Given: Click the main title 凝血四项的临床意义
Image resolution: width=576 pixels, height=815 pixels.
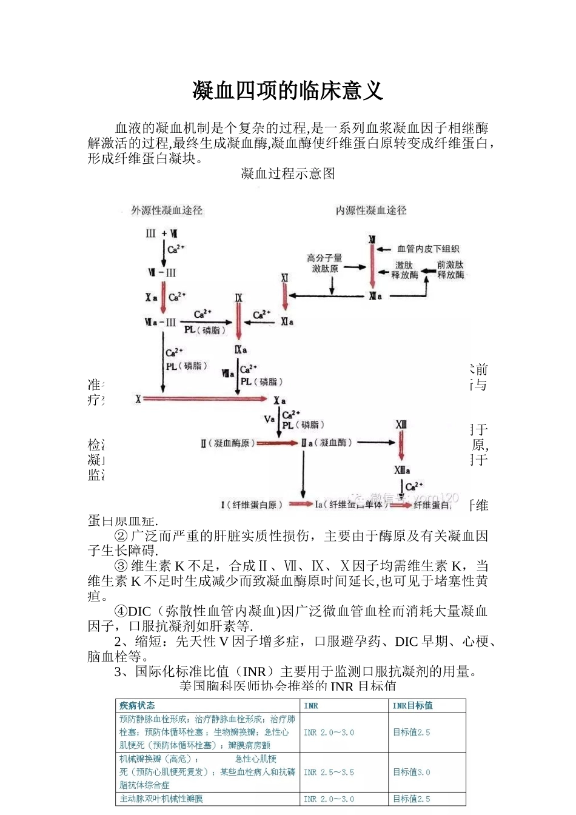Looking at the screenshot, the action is [x=288, y=91].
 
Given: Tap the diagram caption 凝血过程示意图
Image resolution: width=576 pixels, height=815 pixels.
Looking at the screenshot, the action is [x=288, y=174].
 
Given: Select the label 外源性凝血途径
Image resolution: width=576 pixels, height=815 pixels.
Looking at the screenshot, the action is [x=167, y=210].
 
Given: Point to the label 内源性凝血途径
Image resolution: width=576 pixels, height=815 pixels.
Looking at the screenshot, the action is [x=371, y=210].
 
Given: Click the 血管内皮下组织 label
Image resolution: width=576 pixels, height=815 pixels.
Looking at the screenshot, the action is [x=428, y=249].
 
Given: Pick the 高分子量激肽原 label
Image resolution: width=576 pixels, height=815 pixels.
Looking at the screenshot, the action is [x=325, y=263].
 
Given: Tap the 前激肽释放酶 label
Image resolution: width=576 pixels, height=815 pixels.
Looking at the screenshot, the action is [x=450, y=270].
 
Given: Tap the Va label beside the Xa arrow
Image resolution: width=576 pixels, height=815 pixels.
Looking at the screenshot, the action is [x=269, y=419].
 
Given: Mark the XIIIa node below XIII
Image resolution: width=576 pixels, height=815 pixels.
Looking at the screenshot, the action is [x=402, y=470].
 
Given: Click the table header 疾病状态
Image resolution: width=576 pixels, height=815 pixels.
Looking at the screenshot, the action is [x=137, y=705].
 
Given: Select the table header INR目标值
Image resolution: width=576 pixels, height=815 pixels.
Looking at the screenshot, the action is [x=412, y=705].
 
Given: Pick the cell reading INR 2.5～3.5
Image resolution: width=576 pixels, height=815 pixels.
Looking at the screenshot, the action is [x=329, y=772].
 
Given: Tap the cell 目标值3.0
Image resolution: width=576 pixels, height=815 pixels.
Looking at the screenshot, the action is [x=412, y=772].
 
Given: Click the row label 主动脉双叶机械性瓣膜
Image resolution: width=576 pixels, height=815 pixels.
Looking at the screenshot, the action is [x=161, y=799].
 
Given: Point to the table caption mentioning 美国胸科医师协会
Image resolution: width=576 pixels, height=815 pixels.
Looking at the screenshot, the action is [x=288, y=686].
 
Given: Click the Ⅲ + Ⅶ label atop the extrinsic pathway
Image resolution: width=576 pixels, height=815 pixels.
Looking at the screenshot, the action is [x=161, y=233].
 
